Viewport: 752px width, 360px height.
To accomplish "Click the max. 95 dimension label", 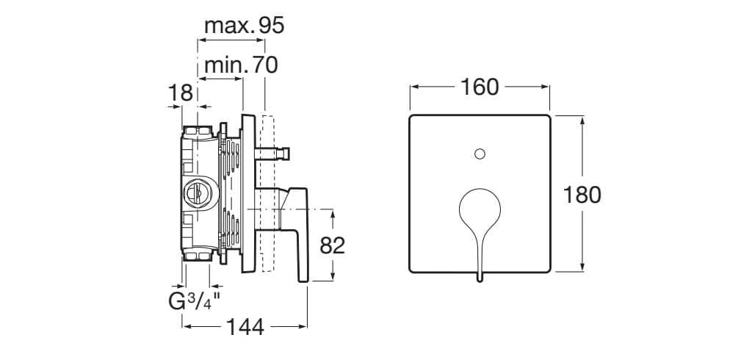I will (243, 26).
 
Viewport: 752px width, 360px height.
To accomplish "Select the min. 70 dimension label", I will (240, 66).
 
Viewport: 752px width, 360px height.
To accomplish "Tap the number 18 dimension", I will (180, 93).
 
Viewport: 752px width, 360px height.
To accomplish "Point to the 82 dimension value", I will (333, 245).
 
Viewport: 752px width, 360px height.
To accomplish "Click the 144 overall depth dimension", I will (244, 327).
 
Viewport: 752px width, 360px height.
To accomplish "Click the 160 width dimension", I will (480, 87).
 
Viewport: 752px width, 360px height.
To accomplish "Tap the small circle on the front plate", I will (480, 154).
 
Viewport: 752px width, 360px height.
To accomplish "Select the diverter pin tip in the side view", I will (288, 154).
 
